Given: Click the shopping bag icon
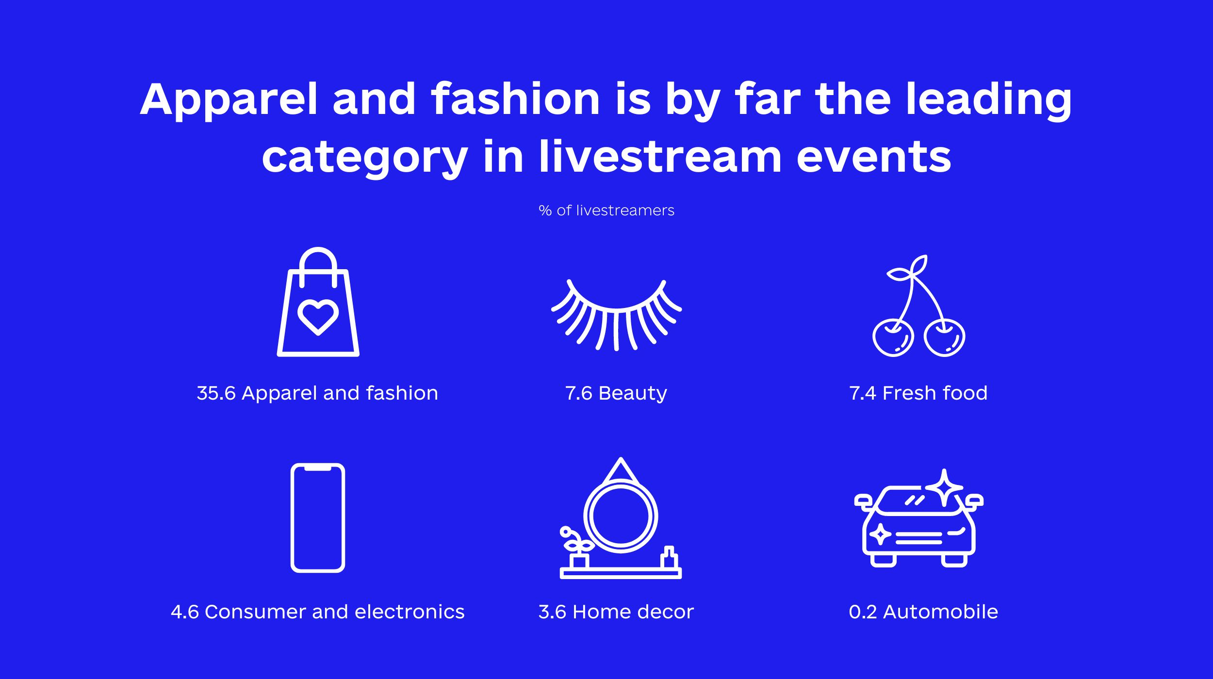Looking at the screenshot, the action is click(318, 302).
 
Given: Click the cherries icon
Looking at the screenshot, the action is click(918, 306).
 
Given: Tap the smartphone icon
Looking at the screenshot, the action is click(318, 518).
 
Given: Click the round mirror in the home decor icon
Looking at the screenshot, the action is click(621, 516).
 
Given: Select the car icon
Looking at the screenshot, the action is click(919, 526).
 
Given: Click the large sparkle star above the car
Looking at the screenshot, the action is click(944, 488).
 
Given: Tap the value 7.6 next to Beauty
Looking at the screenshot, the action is click(578, 393).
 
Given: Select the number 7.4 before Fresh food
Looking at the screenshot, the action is click(863, 393).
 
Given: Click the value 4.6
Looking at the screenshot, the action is click(185, 612).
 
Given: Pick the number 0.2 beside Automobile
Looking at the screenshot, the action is click(863, 612).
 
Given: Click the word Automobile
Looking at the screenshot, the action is click(941, 612).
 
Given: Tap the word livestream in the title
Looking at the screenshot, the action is click(660, 156).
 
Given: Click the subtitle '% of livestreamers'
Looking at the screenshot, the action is click(606, 210).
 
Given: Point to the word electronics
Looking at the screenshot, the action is click(410, 612).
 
